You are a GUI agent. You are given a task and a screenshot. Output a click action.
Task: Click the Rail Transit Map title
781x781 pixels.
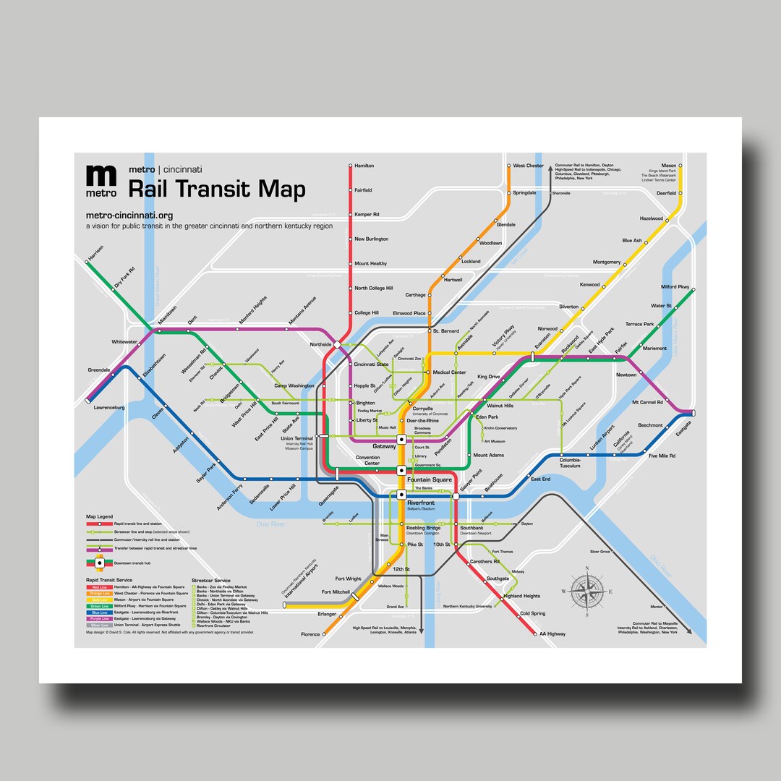click(216, 189)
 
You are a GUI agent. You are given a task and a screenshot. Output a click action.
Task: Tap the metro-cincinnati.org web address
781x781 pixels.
click(129, 215)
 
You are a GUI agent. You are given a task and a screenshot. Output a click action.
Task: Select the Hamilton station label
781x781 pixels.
click(364, 166)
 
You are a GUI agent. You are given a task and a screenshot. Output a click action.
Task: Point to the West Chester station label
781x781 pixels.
click(529, 166)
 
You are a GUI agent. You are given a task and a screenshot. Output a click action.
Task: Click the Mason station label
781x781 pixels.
click(669, 166)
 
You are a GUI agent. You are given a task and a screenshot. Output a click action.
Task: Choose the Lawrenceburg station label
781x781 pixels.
click(108, 408)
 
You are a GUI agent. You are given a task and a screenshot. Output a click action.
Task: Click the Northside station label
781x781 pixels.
click(320, 345)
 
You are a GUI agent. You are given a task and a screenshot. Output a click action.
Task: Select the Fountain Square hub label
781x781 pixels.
click(430, 479)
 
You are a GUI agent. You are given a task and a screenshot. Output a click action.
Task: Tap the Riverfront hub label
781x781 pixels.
click(420, 501)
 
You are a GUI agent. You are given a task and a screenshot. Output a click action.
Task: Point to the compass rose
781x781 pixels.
click(587, 592)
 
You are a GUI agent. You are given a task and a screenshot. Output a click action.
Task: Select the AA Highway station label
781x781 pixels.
click(552, 634)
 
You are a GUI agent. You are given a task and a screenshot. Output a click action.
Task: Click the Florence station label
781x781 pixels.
click(310, 634)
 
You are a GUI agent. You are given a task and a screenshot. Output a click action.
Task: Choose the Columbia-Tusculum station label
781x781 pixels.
click(570, 464)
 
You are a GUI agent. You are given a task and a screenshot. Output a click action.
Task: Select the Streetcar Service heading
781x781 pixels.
click(211, 580)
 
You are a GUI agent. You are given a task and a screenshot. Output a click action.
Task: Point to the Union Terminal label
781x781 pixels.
click(296, 438)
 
